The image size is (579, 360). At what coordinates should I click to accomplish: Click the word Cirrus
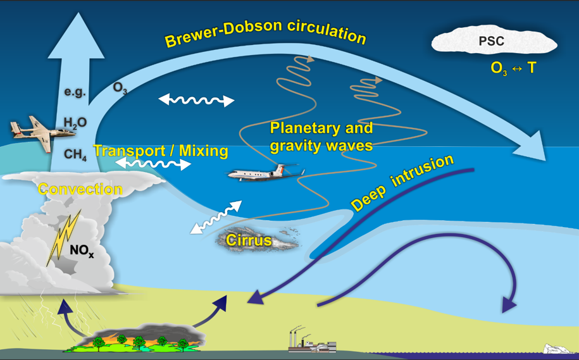[249, 240]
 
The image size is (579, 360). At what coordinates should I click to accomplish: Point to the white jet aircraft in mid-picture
[266, 172]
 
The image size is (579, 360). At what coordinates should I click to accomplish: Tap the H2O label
[75, 122]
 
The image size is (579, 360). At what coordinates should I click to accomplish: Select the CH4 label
[75, 154]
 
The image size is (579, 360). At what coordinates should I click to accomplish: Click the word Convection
[80, 189]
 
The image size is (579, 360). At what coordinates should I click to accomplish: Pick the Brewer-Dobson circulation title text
[265, 32]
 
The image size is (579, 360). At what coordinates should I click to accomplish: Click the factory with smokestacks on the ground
[310, 341]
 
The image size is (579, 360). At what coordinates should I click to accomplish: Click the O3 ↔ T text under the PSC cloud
[513, 68]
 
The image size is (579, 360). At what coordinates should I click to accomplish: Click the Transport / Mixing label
[160, 151]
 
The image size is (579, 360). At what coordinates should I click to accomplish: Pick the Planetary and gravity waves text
[321, 137]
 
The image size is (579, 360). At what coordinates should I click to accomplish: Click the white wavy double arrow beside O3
[196, 100]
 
